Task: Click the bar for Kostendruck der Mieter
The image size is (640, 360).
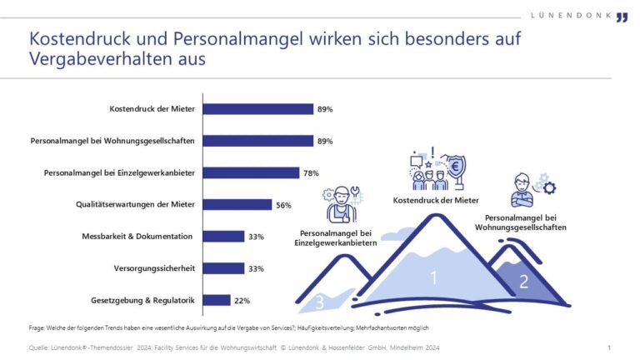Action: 258,109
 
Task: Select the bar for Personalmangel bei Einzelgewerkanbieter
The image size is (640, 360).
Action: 251,173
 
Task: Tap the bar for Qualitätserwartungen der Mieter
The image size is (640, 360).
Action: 237,205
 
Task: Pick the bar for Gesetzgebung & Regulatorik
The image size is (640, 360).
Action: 217,300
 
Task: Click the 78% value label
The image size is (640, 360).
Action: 311,173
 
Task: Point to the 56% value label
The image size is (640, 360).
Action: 284,205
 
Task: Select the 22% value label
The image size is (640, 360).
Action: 242,300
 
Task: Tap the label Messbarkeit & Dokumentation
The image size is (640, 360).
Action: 138,237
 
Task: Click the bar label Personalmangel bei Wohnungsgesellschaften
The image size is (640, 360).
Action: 112,142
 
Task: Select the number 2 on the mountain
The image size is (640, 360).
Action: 523,282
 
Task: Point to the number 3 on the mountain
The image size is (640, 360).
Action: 319,302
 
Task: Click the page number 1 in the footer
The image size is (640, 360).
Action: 609,347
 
